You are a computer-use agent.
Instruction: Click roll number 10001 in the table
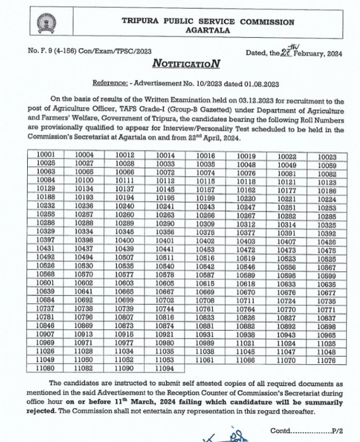tap(46, 156)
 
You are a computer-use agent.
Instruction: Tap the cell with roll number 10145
tap(166, 189)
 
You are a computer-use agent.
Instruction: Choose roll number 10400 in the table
tap(125, 240)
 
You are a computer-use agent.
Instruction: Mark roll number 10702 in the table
tap(166, 300)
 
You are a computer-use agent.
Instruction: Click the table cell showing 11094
tap(166, 367)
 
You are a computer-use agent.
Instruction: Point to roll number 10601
tap(46, 283)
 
